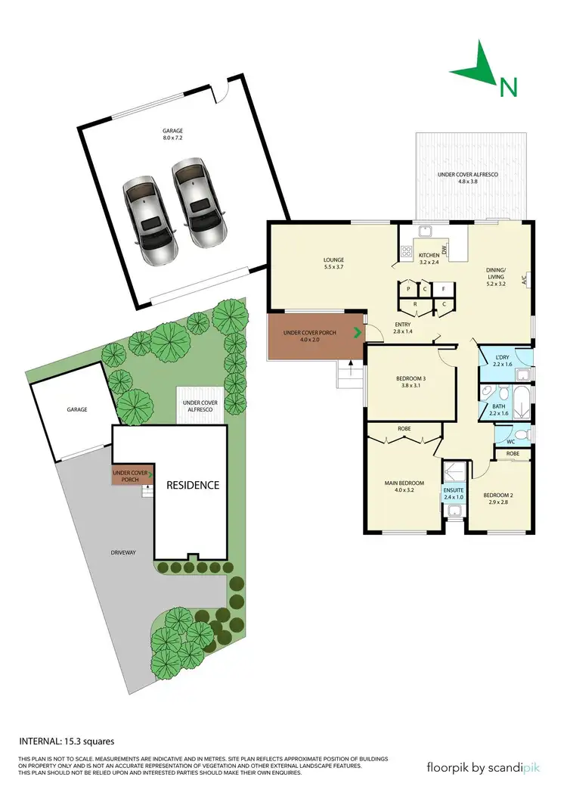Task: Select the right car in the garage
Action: (197, 203)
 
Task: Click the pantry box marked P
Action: (407, 288)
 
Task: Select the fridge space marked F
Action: (444, 288)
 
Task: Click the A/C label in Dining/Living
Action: (523, 280)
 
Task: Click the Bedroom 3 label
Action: (412, 378)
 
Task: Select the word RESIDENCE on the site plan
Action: (193, 485)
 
